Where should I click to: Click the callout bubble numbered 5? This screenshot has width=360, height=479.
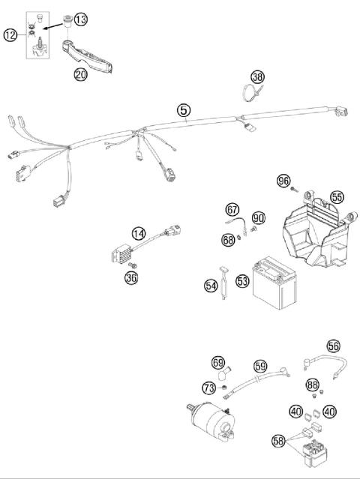184,111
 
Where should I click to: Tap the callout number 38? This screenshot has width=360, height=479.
257,77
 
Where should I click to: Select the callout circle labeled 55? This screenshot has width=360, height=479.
337,197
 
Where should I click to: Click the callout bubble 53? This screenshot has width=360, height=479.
242,282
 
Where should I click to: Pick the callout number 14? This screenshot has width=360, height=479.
138,234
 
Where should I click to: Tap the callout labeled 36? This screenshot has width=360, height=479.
132,279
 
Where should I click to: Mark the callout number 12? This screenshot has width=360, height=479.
10,34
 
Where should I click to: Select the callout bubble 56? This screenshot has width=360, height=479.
333,346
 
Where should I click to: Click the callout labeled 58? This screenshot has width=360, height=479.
278,442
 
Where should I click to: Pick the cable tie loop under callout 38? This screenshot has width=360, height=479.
250,94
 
